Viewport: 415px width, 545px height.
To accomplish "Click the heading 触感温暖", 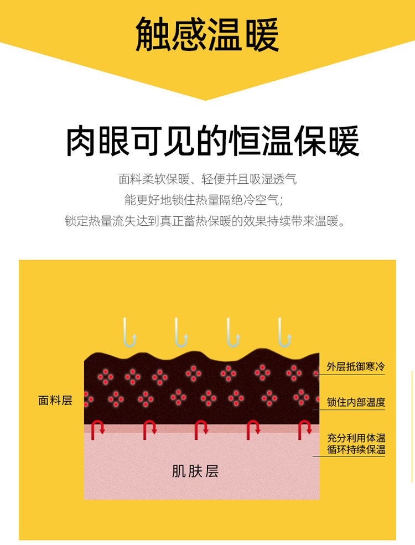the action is (x=207, y=35).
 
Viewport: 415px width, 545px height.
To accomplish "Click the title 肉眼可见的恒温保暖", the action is (x=212, y=142).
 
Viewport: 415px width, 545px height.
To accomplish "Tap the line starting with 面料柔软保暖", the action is (x=207, y=179).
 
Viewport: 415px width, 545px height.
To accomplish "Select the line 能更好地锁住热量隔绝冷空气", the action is (x=207, y=200).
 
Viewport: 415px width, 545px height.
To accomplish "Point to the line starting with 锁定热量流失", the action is (x=207, y=222).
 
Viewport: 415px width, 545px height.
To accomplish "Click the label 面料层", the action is (x=55, y=401).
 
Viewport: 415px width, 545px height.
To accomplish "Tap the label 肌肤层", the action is (x=195, y=471).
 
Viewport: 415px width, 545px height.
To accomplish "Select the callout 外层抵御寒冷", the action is (x=356, y=367).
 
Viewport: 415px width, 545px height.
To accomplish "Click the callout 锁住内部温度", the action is (x=356, y=402).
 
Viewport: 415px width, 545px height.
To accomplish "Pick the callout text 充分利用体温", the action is (x=356, y=437).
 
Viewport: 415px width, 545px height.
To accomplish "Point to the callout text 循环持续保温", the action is (x=356, y=449).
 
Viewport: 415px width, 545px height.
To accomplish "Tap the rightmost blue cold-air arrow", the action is (x=285, y=332).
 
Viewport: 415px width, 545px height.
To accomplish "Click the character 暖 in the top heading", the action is (x=260, y=35).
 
